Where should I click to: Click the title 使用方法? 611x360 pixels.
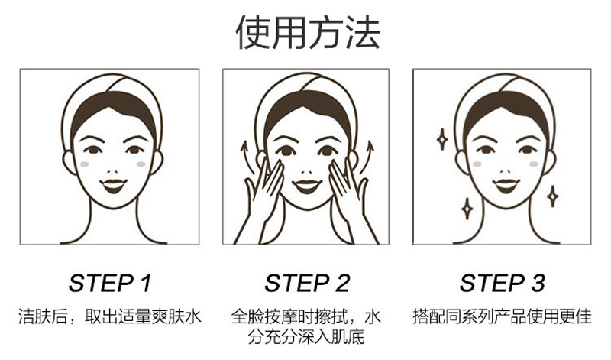pos(308,32)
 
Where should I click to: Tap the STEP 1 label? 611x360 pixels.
pos(110,283)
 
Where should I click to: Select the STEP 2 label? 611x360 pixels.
pos(307,283)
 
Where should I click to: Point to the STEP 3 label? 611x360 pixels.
pos(502,283)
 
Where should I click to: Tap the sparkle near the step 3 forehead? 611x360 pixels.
pos(442,139)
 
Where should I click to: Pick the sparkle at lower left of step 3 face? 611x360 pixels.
pos(467,209)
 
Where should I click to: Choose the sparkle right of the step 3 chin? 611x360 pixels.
pos(552,196)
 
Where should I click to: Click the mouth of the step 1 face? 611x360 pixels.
pos(113,186)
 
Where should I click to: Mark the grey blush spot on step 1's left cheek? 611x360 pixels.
pos(84,164)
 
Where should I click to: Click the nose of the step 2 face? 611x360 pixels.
pos(307,172)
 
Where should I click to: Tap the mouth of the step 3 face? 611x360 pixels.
pos(506,186)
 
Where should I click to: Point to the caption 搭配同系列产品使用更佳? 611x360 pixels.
pos(502,316)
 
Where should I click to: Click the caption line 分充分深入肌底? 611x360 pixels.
pos(306,337)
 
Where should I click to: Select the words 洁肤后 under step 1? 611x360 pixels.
pos(42,316)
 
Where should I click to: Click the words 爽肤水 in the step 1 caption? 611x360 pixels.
pos(176,316)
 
